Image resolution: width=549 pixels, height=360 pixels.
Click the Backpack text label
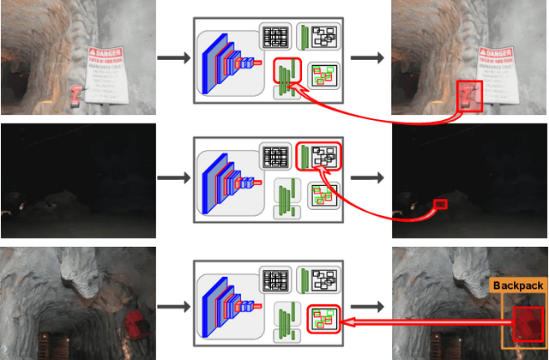coord(517,285)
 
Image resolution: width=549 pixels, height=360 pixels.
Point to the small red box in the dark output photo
coord(441,204)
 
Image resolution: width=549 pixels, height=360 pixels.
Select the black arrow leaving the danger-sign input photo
coord(174,58)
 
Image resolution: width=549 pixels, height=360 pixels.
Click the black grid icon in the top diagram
coord(276,38)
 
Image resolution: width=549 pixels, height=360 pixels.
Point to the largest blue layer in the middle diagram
coord(210,182)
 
